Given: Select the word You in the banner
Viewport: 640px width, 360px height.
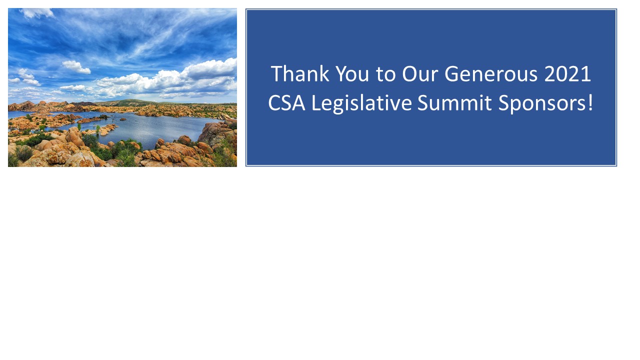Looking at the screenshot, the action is (x=352, y=73).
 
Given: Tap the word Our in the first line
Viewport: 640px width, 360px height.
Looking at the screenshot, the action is (x=419, y=73).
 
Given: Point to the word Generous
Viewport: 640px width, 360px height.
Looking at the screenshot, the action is (x=491, y=73).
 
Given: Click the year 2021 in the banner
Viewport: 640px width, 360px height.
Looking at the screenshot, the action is (x=567, y=73).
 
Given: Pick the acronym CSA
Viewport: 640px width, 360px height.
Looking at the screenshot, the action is (x=286, y=103).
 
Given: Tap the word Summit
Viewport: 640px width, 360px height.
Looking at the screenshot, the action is (x=454, y=103).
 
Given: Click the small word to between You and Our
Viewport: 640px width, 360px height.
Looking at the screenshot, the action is (x=385, y=75).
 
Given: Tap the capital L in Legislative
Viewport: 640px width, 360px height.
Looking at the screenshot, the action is (x=316, y=103).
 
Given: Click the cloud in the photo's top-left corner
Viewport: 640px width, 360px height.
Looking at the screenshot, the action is (x=37, y=13).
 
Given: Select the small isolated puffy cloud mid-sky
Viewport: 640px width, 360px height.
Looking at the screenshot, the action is (x=76, y=67).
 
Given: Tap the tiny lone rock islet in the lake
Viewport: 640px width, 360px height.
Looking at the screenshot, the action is (x=123, y=119).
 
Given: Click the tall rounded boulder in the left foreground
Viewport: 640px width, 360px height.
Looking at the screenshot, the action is (x=75, y=137).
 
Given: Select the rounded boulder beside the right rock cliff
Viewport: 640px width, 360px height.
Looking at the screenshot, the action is (x=184, y=139).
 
